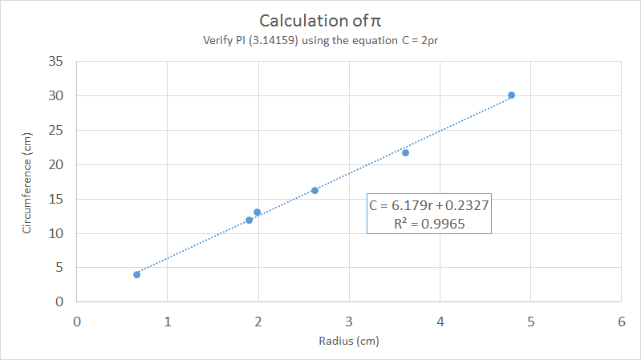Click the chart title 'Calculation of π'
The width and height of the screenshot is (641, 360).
pyautogui.click(x=320, y=20)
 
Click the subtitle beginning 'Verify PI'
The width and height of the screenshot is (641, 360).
pyautogui.click(x=320, y=41)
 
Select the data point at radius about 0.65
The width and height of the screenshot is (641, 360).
pyautogui.click(x=136, y=274)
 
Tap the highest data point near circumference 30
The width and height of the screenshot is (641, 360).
pyautogui.click(x=511, y=95)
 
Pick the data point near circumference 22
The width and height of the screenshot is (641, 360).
pyautogui.click(x=405, y=152)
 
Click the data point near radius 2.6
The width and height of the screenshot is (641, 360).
pyautogui.click(x=314, y=190)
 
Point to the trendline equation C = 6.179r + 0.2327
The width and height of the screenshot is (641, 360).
pyautogui.click(x=429, y=205)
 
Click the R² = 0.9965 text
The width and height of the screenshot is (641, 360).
pyautogui.click(x=429, y=224)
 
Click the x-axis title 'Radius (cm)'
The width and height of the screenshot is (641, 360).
pyautogui.click(x=349, y=341)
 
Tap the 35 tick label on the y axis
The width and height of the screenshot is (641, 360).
pyautogui.click(x=55, y=61)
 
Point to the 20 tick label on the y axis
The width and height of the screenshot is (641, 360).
pyautogui.click(x=55, y=164)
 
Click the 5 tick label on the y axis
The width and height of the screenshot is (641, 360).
pyautogui.click(x=59, y=268)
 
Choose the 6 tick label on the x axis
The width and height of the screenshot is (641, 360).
pyautogui.click(x=621, y=321)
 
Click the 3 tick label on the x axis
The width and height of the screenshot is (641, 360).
pyautogui.click(x=349, y=321)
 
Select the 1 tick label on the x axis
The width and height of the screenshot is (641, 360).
pyautogui.click(x=167, y=321)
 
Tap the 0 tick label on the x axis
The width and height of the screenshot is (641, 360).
pyautogui.click(x=77, y=321)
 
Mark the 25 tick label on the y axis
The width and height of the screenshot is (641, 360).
pyautogui.click(x=55, y=130)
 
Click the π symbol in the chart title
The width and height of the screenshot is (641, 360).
pyautogui.click(x=377, y=21)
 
